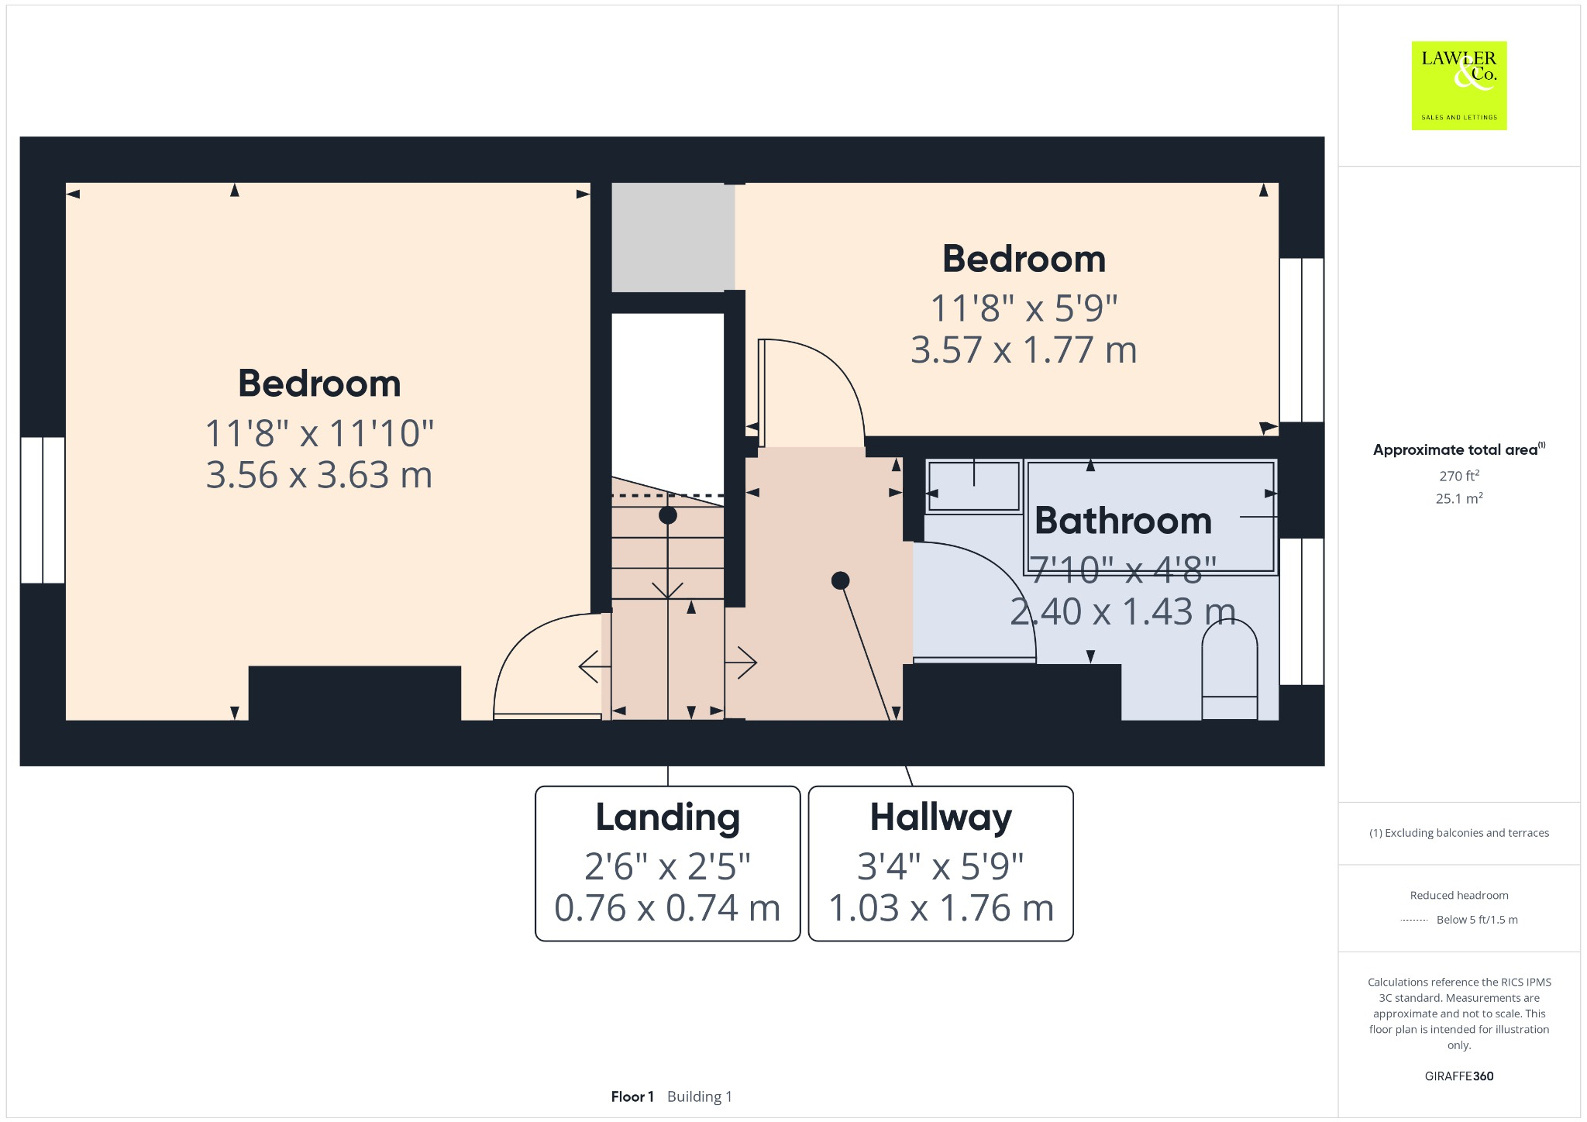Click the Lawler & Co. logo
(x=1458, y=85)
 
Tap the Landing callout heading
(x=667, y=817)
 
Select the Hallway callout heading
(x=941, y=817)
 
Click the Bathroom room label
(x=1123, y=521)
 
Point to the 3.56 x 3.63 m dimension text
(x=318, y=475)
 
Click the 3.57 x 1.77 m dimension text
(x=1024, y=350)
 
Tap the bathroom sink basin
(x=974, y=487)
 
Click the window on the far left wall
(x=43, y=510)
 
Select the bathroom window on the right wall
(x=1302, y=611)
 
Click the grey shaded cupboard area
(x=673, y=237)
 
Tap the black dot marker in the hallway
(x=840, y=580)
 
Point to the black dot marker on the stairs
(x=668, y=515)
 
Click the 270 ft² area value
(x=1459, y=476)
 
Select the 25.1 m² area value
(x=1459, y=498)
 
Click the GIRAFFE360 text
(x=1459, y=1076)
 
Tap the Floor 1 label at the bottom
(x=632, y=1096)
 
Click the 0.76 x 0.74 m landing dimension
(x=667, y=908)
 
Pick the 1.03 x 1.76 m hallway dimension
(x=941, y=908)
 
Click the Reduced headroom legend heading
(x=1459, y=895)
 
